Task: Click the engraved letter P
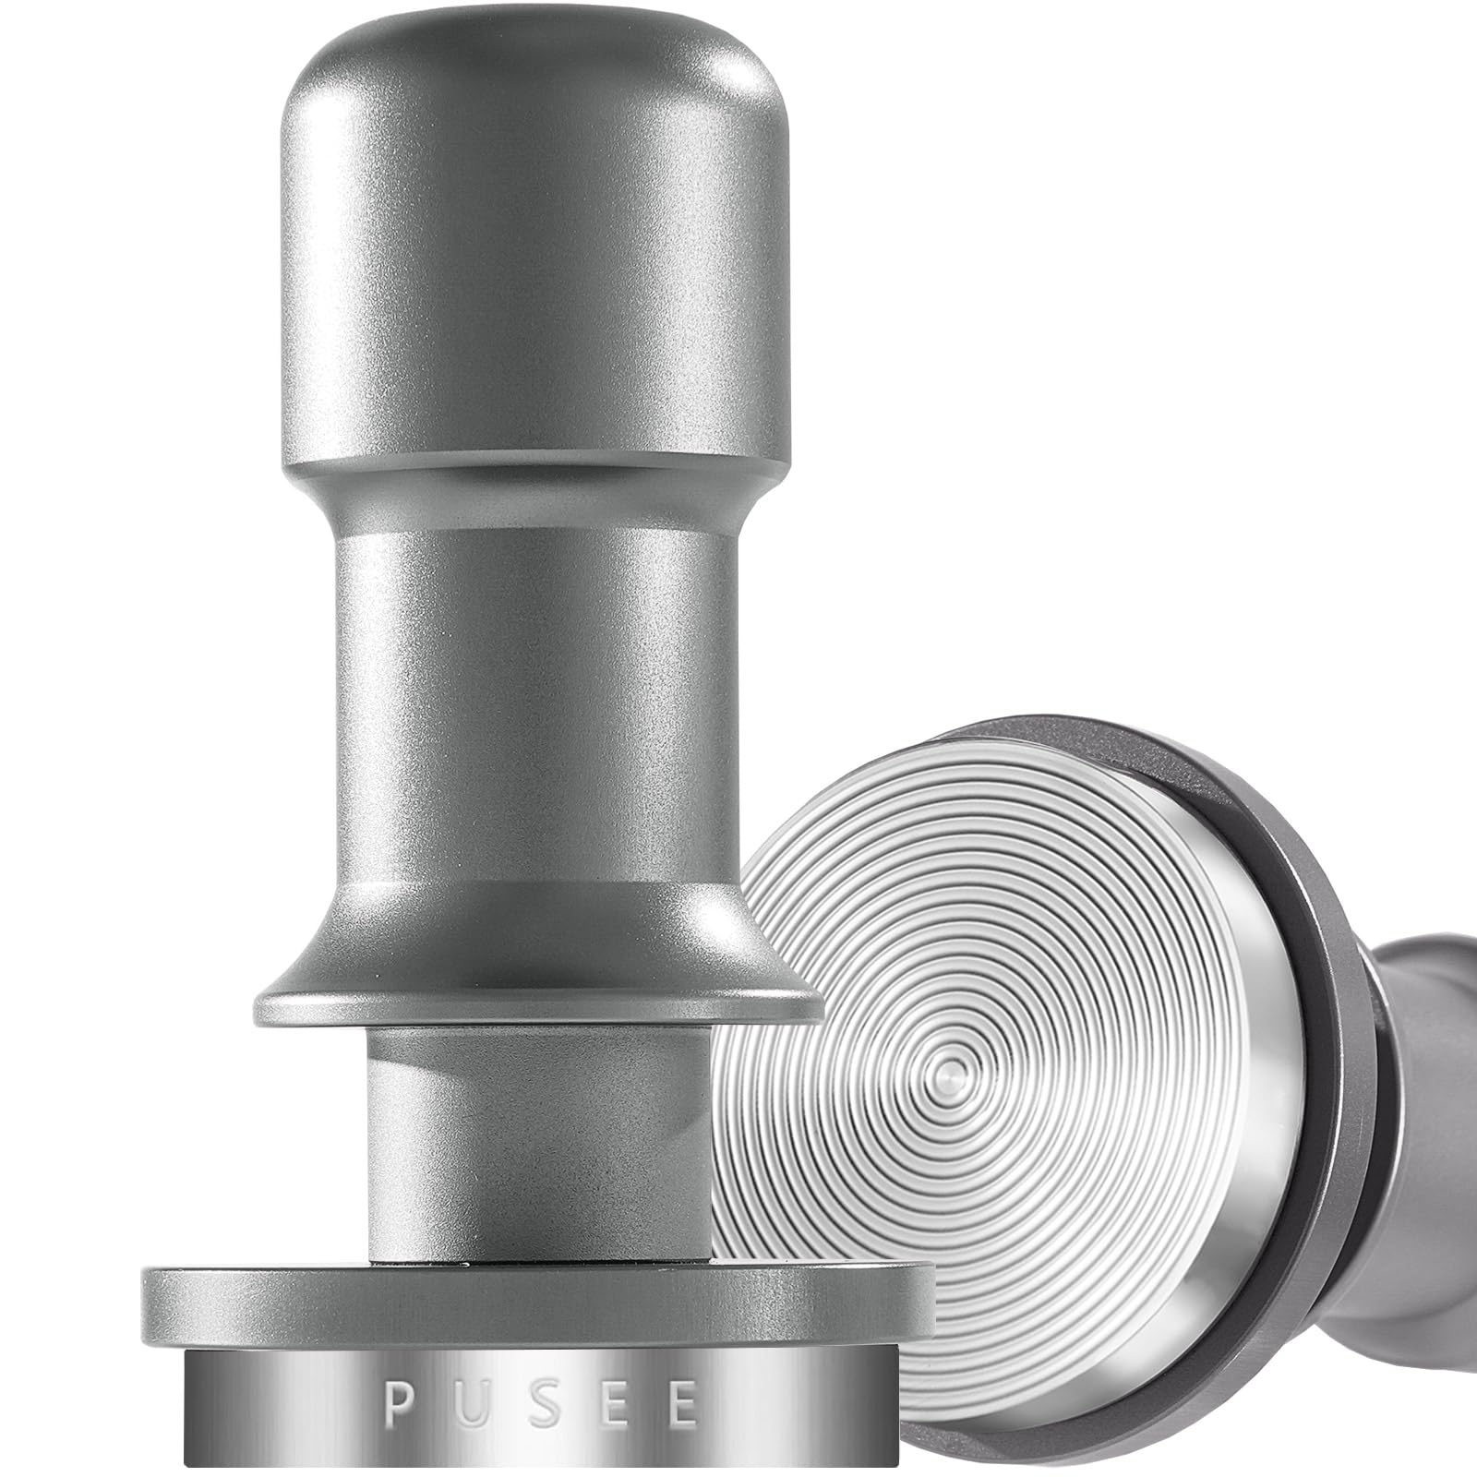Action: point(398,1406)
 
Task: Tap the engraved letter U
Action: point(470,1406)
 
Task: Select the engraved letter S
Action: point(541,1406)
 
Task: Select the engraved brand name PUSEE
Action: point(540,1406)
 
